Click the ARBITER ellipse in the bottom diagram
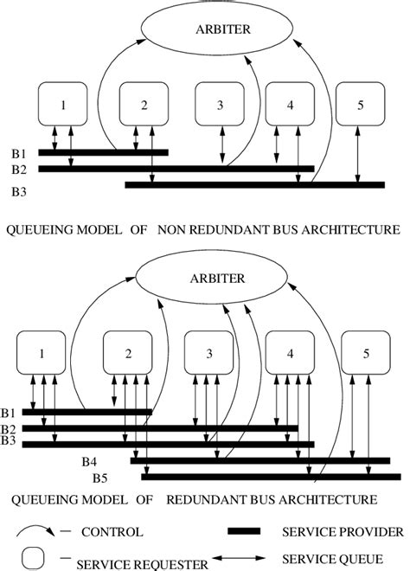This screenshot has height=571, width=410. click(x=209, y=279)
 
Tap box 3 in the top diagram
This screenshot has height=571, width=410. click(x=220, y=106)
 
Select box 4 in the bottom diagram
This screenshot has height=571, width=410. click(x=289, y=356)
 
